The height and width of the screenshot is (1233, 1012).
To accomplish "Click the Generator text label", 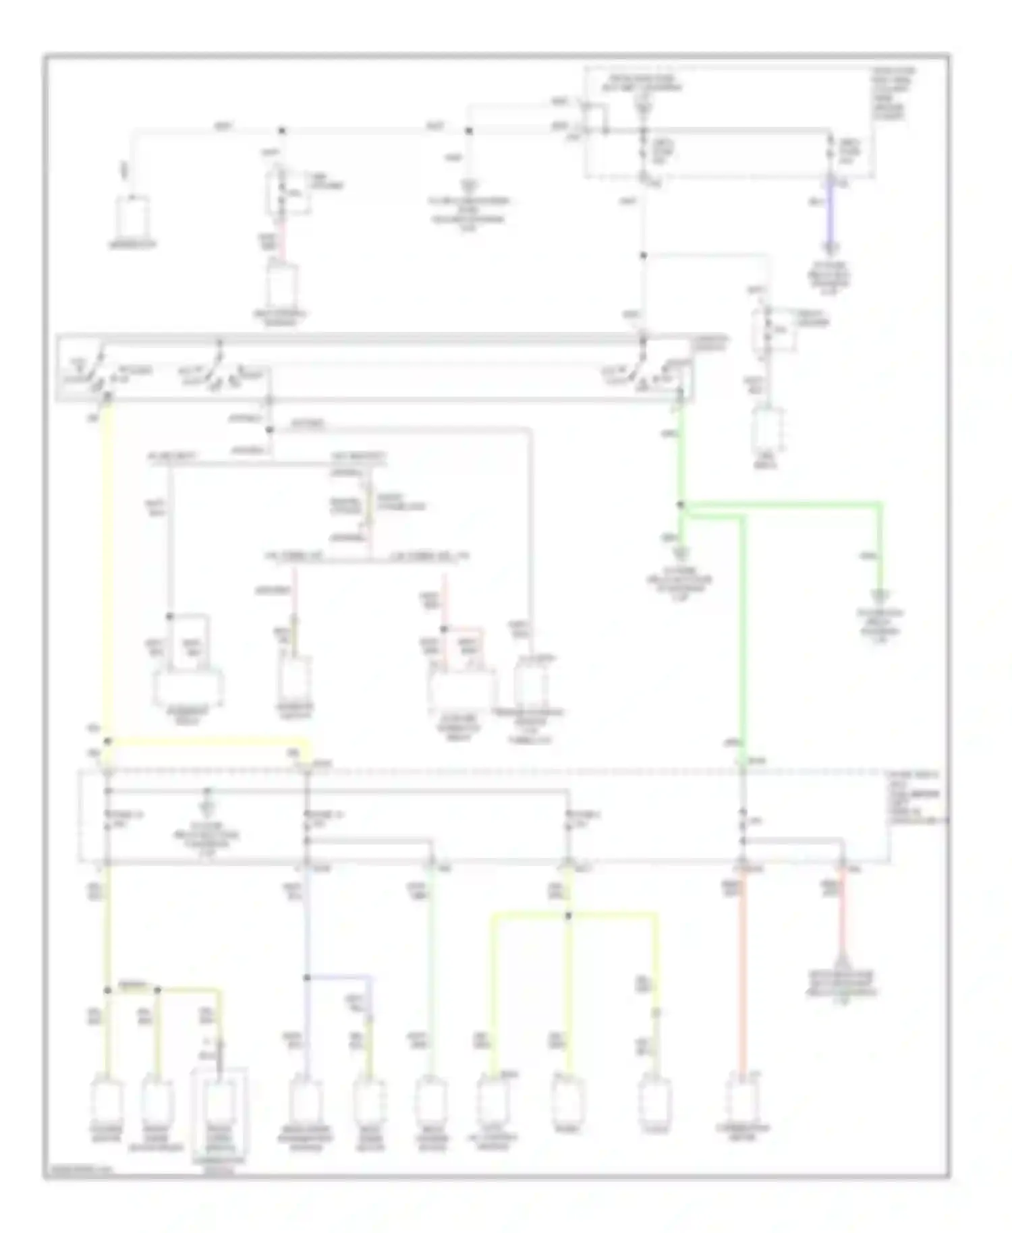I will pyautogui.click(x=134, y=244).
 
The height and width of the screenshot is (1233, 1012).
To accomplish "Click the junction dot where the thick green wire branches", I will pyautogui.click(x=680, y=505).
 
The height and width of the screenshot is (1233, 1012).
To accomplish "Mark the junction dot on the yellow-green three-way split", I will pyautogui.click(x=569, y=916).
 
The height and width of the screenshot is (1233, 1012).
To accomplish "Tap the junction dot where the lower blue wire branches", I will pyautogui.click(x=306, y=977).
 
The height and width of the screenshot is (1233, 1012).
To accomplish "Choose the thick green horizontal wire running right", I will pyautogui.click(x=783, y=504).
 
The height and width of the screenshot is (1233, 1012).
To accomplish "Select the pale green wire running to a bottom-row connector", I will pyautogui.click(x=430, y=971).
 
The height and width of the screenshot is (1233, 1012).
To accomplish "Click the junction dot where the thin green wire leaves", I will pyautogui.click(x=643, y=256).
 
